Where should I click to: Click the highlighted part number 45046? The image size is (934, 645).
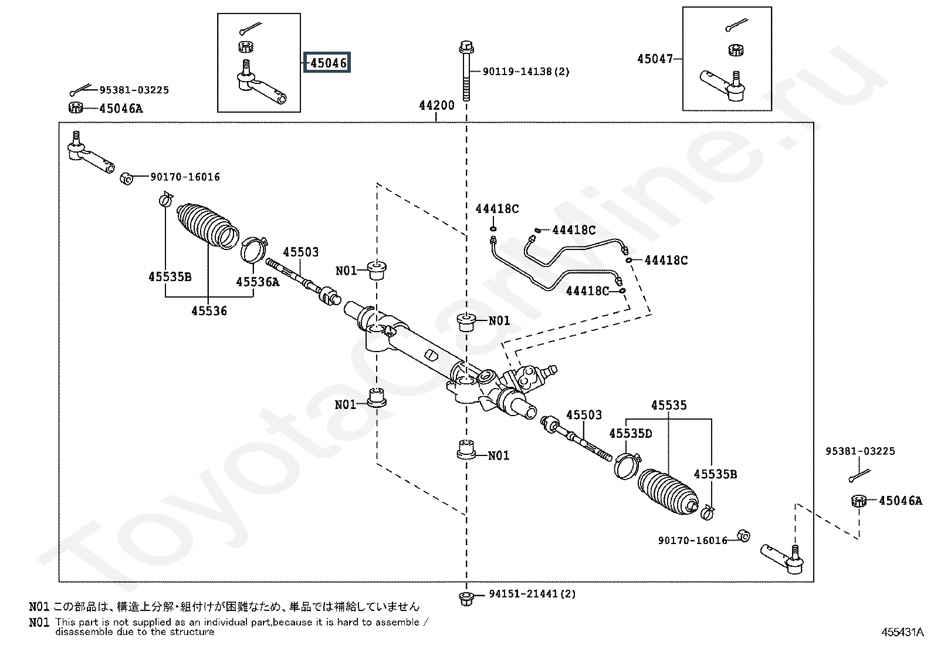(328, 63)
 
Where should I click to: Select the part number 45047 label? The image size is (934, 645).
(655, 59)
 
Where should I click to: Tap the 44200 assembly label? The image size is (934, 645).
(436, 105)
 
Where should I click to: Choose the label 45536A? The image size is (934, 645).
(258, 282)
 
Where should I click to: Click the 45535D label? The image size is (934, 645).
(631, 434)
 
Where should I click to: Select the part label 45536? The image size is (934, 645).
(209, 311)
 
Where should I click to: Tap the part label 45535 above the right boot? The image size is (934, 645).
(669, 405)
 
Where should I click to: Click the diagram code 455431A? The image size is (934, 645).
(902, 632)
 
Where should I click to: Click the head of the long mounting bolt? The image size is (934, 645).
(466, 47)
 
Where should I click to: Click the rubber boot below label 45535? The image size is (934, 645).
(668, 492)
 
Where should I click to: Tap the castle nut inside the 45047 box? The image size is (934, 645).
(736, 50)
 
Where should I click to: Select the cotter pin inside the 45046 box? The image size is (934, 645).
(251, 28)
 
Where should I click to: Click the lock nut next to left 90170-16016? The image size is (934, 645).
(126, 178)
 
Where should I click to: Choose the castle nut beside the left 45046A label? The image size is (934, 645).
(76, 107)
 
